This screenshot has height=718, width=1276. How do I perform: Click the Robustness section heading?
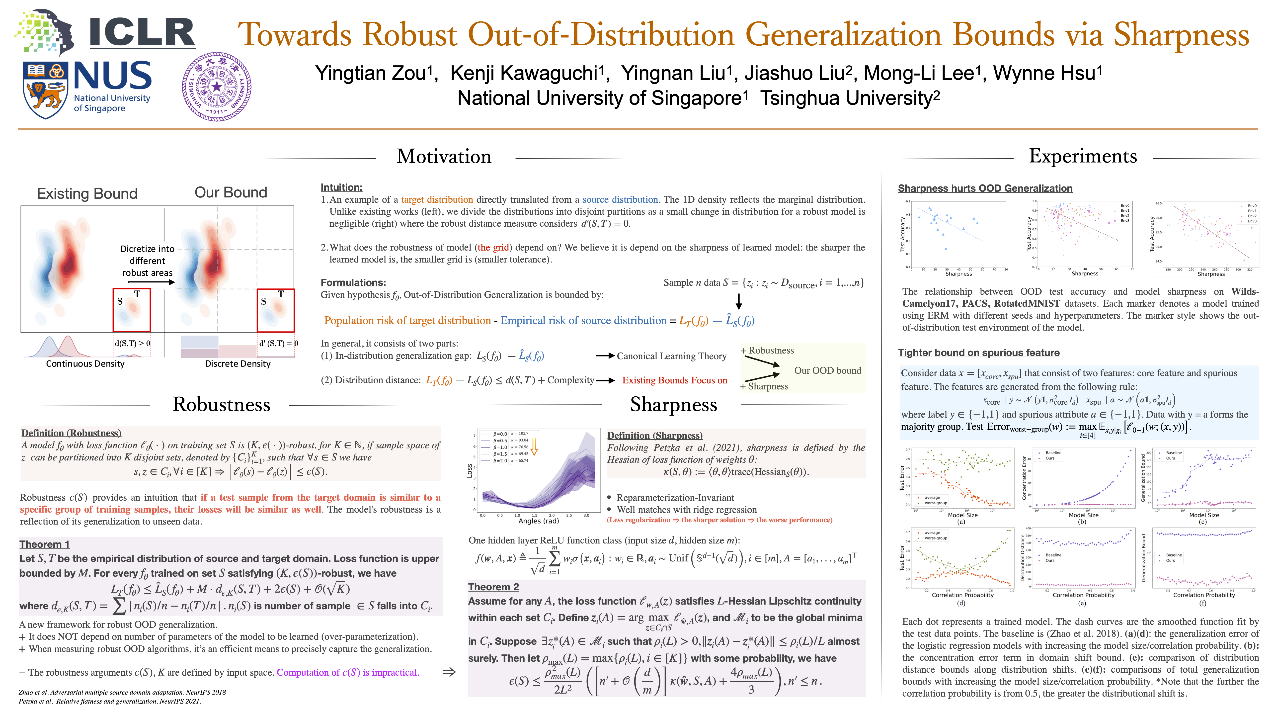click(221, 404)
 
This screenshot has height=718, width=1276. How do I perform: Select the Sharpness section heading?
click(673, 404)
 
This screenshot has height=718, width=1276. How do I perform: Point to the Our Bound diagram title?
click(231, 192)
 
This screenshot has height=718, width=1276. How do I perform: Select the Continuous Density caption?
click(85, 364)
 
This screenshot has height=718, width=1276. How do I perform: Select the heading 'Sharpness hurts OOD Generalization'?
click(985, 188)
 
